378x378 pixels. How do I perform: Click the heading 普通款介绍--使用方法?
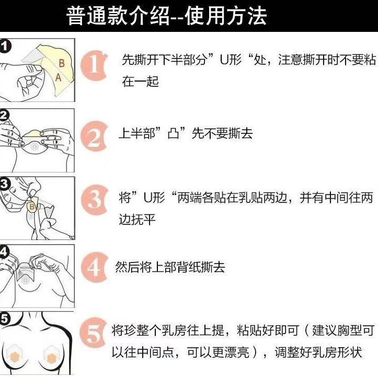click(167, 17)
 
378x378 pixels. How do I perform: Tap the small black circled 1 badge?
click(5, 47)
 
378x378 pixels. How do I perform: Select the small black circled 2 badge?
click(4, 114)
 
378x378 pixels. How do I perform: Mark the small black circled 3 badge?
click(4, 183)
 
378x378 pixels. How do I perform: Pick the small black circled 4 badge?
click(4, 251)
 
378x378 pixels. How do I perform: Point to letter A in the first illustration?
click(58, 76)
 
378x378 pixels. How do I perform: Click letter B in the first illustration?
click(61, 63)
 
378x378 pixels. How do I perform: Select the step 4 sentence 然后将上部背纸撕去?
click(169, 267)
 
